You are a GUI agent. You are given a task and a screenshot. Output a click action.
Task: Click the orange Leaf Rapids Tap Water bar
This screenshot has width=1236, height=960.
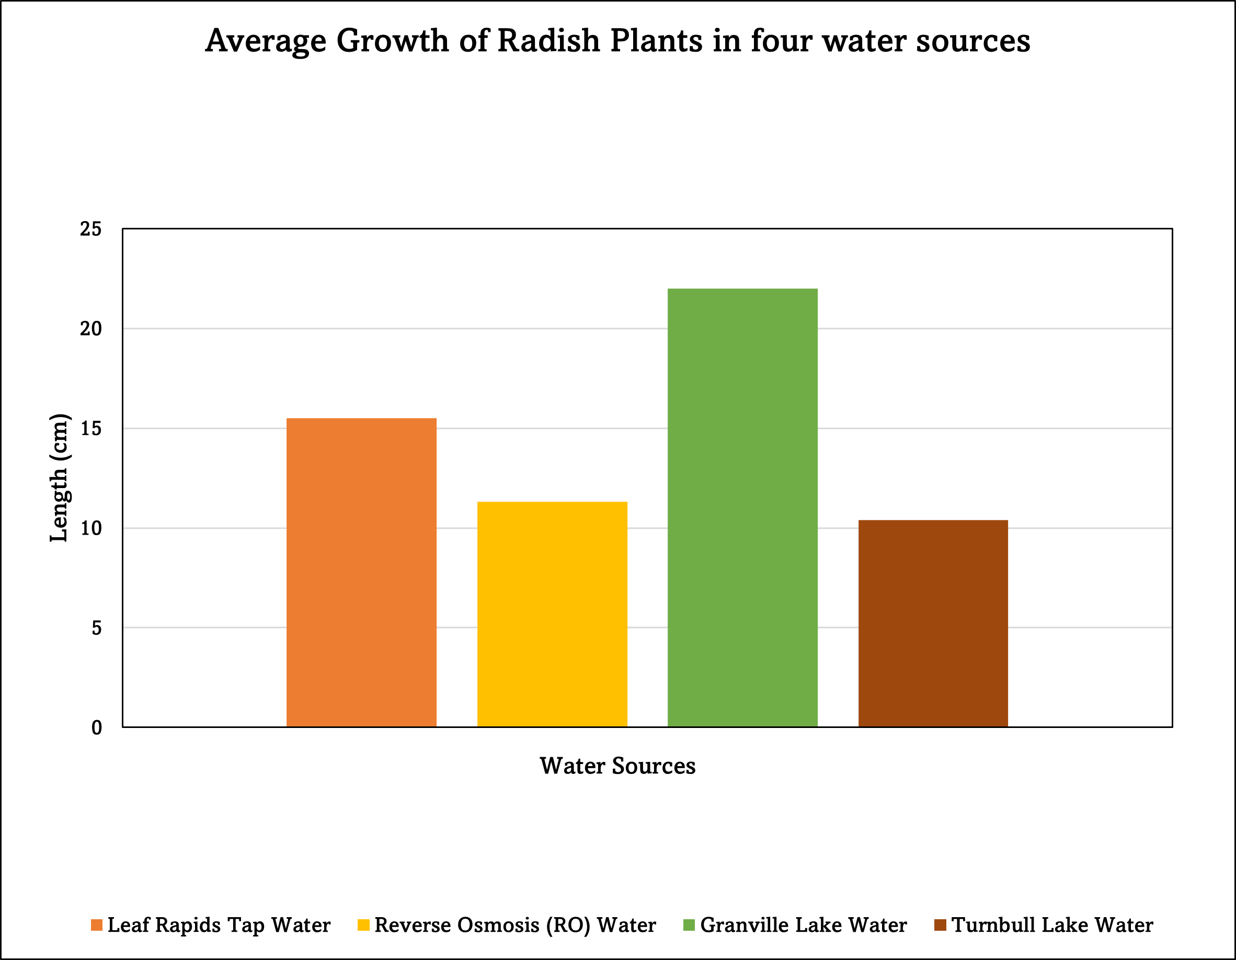coord(361,572)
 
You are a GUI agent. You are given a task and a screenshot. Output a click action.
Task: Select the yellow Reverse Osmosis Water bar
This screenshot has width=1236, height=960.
coord(552,615)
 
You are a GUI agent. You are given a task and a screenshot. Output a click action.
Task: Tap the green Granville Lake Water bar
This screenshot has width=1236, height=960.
coord(742,507)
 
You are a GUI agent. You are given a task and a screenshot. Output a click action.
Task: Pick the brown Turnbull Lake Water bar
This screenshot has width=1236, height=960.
coord(933,623)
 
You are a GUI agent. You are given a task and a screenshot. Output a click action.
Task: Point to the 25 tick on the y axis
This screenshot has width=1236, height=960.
coord(90,229)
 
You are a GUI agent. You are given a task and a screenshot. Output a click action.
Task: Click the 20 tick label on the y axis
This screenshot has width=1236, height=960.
coord(90,329)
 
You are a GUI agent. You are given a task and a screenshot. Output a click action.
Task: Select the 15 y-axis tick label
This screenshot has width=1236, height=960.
coord(90,428)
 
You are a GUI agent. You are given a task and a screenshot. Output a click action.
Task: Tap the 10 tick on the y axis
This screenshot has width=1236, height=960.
coord(90,528)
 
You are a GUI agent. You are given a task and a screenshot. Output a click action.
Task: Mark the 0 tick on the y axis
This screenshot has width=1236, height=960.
coord(97,727)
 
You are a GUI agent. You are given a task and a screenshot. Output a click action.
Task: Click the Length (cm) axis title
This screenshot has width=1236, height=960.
coord(60,478)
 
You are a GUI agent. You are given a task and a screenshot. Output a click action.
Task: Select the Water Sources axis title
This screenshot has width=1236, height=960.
coord(617,766)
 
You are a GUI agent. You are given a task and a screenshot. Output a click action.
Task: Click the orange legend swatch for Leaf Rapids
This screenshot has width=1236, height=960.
coord(97,925)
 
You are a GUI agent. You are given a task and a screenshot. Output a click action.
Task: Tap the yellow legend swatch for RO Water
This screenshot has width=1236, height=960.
coord(364,925)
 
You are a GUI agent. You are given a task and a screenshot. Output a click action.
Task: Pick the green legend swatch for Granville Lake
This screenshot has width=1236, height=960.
coord(689,925)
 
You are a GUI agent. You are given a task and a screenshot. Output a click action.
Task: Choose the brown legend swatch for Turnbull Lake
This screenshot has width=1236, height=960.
coord(941,925)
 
